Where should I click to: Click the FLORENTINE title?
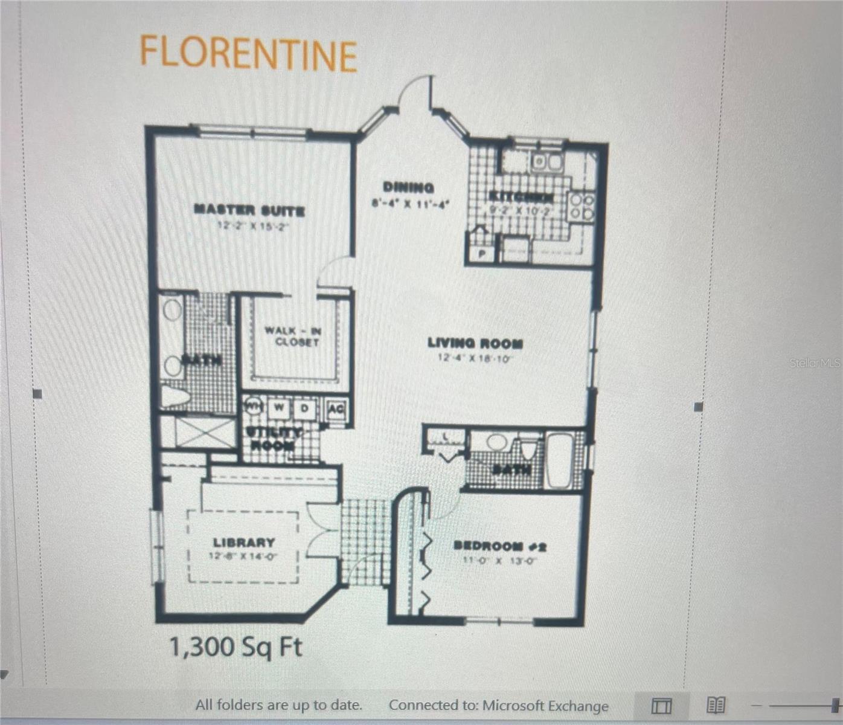pos(248,53)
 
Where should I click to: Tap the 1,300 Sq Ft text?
pos(235,647)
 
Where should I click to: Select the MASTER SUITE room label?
pos(249,211)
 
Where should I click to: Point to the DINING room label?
pos(409,188)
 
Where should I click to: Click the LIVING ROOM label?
pos(475,343)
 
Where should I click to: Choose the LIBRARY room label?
pos(243,543)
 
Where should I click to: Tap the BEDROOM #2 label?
pos(500,546)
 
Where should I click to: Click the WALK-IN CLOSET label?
pos(292,337)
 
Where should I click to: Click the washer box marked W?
pos(278,408)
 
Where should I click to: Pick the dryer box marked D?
pos(305,408)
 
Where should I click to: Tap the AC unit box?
pos(336,409)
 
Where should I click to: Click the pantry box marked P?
pos(482,254)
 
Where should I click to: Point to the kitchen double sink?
pos(547,162)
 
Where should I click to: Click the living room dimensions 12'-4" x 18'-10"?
pos(475,358)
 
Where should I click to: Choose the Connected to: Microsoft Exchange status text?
pos(498,705)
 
